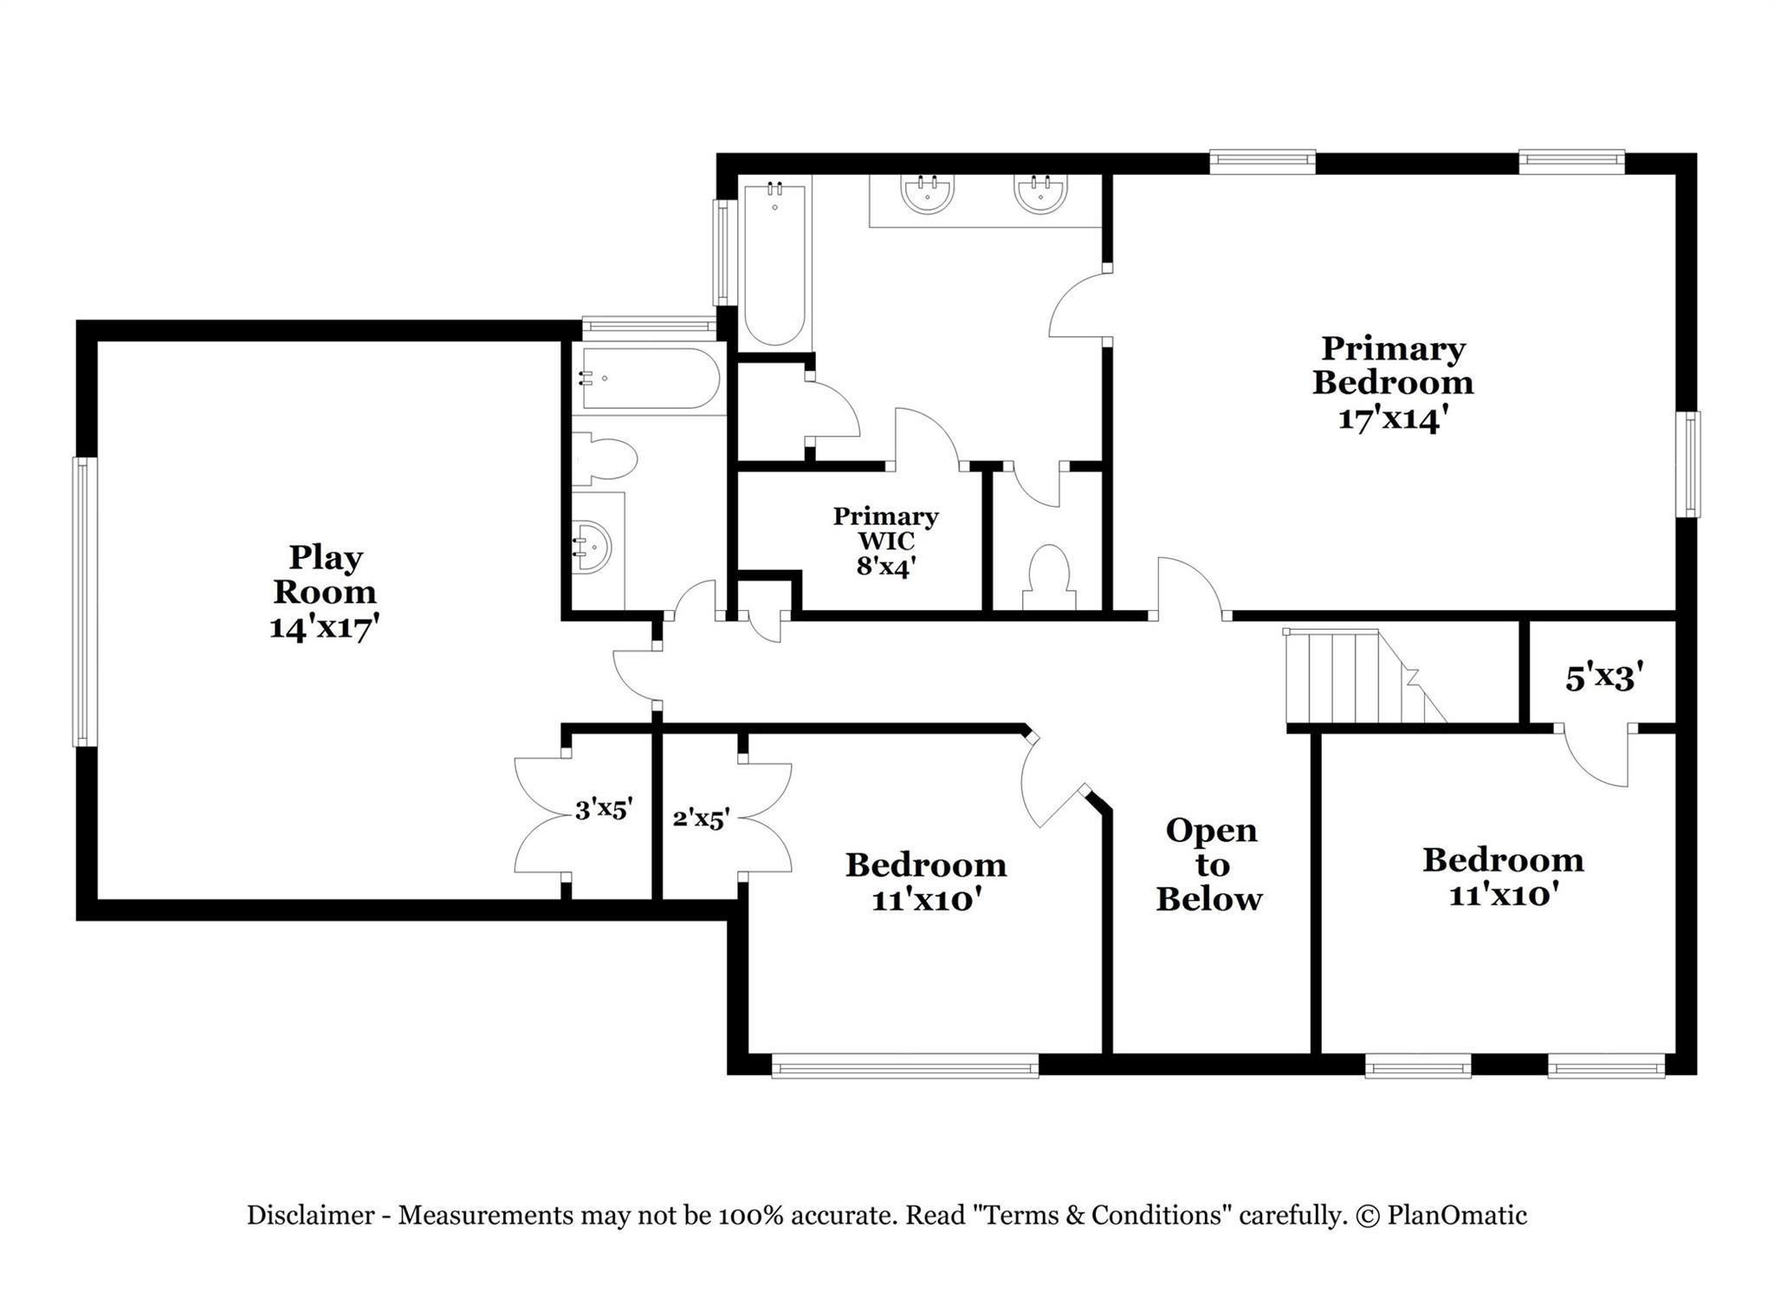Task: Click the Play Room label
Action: tap(325, 574)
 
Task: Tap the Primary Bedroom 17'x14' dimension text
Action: tap(1393, 419)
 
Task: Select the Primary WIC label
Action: tap(885, 528)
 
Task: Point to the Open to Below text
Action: tap(1210, 865)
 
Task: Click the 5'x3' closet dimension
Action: tap(1604, 677)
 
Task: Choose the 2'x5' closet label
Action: tap(701, 818)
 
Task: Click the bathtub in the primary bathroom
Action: tap(774, 263)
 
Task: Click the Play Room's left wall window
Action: tap(83, 601)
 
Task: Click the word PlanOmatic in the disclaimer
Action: tap(1457, 1215)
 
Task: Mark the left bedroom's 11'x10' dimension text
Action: tap(926, 901)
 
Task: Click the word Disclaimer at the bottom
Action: tap(310, 1215)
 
